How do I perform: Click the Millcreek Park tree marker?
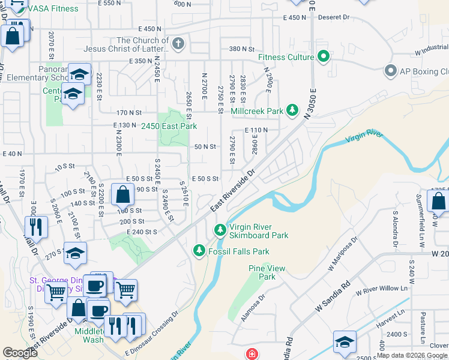point(292,111)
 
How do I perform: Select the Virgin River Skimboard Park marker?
point(220,230)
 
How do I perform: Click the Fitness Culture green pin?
point(324,58)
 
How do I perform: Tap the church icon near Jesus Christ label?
point(178,44)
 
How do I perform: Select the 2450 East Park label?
point(169,126)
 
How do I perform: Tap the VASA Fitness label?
point(55,9)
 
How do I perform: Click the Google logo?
point(20,353)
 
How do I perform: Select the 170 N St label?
point(129,112)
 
